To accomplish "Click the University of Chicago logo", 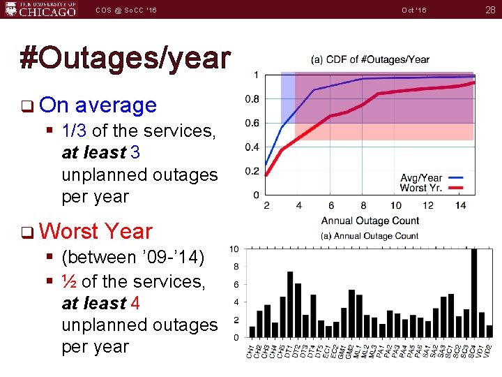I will coord(40,9).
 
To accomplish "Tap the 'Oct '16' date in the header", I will coord(414,10).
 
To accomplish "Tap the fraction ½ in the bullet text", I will coord(69,281).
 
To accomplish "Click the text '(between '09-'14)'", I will coord(132,258).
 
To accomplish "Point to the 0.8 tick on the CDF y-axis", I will coord(252,99).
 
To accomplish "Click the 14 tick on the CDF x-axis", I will coord(460,205).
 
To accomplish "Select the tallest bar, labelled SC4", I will coord(474,293).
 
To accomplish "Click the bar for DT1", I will coord(290,304).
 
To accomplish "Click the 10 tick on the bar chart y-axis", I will coord(236,249).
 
